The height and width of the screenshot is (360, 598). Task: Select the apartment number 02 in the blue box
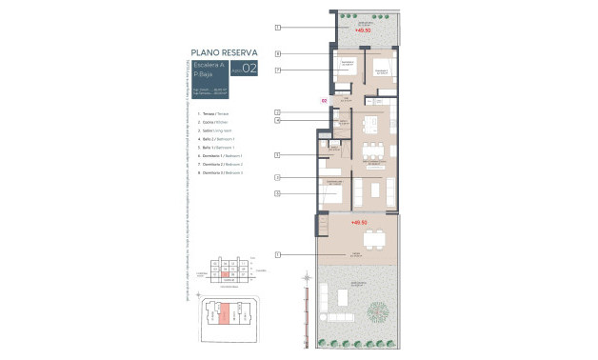tap(249, 69)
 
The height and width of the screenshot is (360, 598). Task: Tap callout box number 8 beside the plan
tap(277, 54)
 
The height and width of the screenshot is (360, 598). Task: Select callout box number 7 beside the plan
tap(277, 70)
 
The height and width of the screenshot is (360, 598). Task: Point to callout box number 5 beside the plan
tap(277, 154)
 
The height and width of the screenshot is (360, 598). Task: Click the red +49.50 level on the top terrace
tap(362, 30)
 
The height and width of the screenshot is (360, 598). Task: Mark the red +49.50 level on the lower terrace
tap(359, 223)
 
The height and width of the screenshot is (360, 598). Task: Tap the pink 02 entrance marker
tap(324, 99)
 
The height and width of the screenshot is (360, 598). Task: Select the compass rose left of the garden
tap(306, 279)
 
